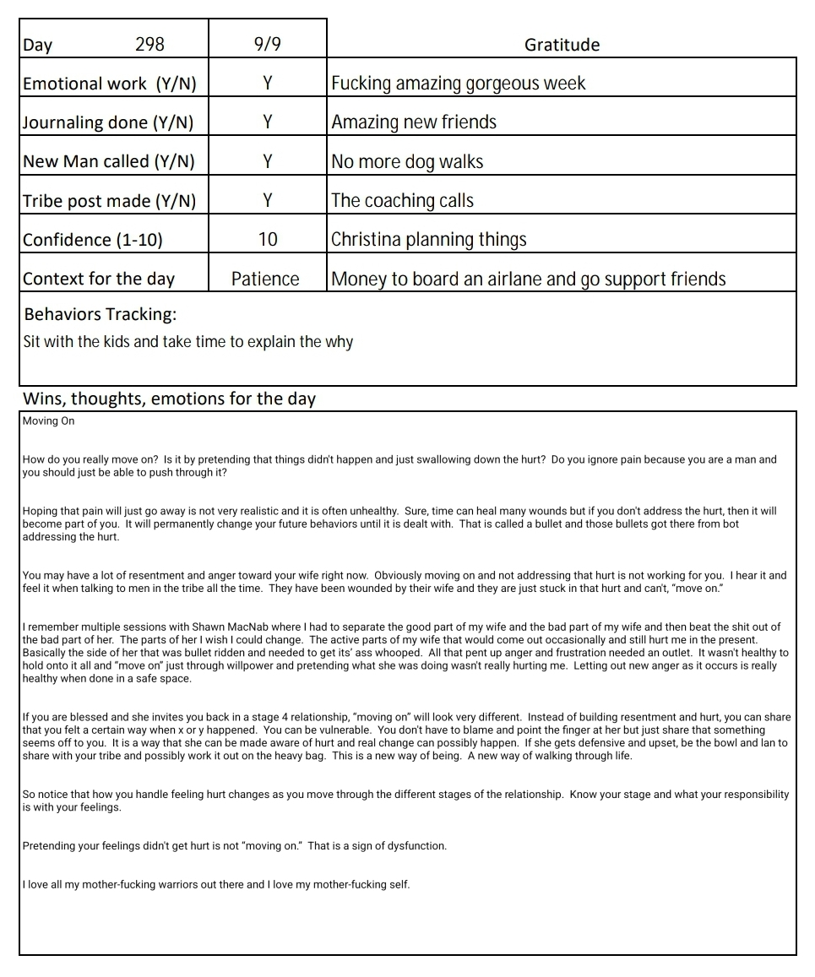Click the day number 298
click(149, 44)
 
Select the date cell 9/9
click(267, 44)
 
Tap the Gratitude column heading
click(562, 44)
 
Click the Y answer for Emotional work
click(267, 83)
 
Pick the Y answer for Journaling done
click(267, 122)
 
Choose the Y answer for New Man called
click(267, 161)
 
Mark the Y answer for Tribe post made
click(267, 200)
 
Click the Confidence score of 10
click(267, 239)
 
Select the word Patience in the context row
click(265, 279)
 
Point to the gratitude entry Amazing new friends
click(414, 122)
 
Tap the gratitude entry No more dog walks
click(407, 161)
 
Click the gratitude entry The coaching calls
click(402, 200)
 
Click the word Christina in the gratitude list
click(366, 239)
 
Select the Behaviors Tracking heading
click(101, 314)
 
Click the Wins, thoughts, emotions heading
click(169, 399)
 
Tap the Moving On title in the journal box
click(49, 421)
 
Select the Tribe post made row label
click(109, 200)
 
